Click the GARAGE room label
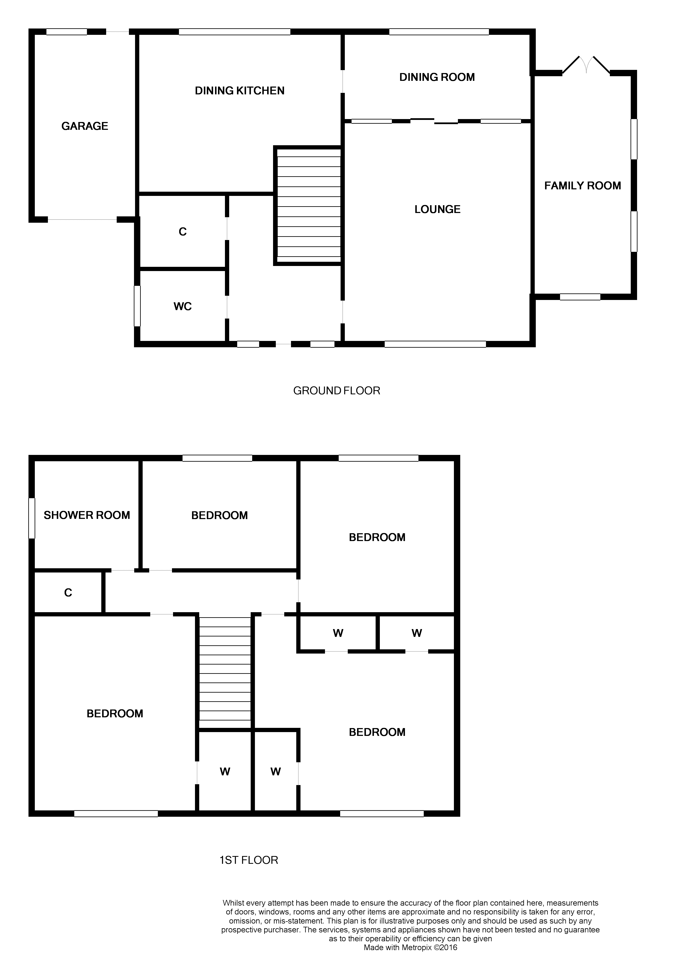85,126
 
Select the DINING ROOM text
437,77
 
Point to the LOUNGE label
437,209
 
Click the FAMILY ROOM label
583,186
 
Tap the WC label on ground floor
183,307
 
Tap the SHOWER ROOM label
87,515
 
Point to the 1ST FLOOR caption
249,860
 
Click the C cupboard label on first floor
68,593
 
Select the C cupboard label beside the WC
183,232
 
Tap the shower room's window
32,518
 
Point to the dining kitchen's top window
234,32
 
